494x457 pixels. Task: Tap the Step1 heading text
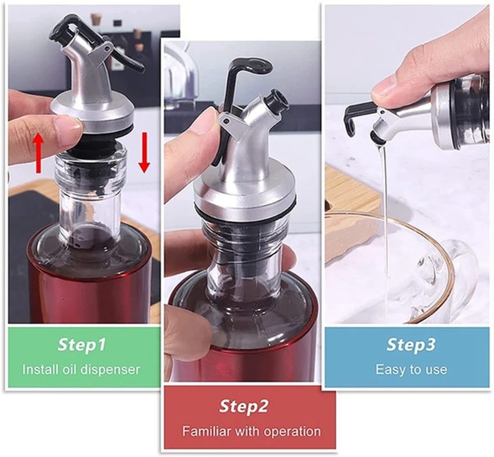point(82,345)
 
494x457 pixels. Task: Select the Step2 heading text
point(244,406)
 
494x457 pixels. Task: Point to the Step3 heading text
point(411,344)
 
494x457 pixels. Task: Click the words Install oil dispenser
point(81,369)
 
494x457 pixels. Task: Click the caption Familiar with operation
point(251,431)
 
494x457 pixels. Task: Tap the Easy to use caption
point(411,369)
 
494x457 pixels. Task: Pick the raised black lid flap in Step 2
point(246,69)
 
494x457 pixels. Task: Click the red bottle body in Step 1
point(86,286)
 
